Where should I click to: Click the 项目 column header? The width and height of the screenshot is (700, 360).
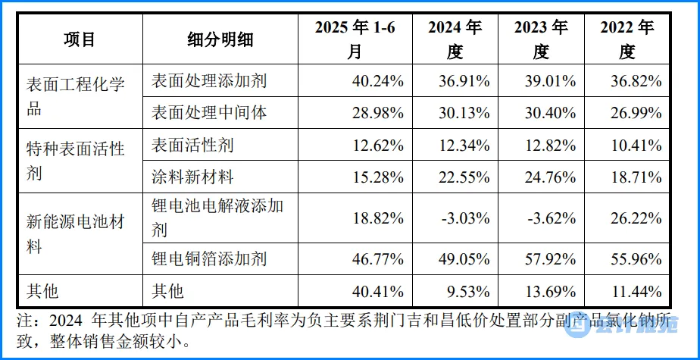[80, 39]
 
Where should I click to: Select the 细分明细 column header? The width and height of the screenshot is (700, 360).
[220, 39]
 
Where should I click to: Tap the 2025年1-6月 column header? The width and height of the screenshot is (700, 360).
[355, 39]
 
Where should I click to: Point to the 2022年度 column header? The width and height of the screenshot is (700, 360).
[627, 39]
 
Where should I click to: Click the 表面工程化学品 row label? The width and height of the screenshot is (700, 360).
[75, 96]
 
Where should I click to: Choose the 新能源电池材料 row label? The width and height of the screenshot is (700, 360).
[75, 233]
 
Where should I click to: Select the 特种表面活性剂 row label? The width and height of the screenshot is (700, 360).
[75, 161]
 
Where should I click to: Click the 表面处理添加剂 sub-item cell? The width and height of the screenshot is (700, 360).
[209, 81]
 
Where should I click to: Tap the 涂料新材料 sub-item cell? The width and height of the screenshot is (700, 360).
[192, 177]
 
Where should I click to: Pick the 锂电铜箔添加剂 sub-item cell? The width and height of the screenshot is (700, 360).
[209, 258]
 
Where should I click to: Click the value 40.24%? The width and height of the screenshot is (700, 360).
[378, 81]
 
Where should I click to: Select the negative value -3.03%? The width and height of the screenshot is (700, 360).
[466, 218]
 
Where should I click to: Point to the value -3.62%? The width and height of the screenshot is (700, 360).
[552, 218]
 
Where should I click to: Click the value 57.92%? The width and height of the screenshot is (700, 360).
[550, 259]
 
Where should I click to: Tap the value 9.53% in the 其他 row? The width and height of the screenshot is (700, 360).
[470, 292]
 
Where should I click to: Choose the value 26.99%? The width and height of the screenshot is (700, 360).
[636, 113]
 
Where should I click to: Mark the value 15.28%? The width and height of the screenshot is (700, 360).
[378, 178]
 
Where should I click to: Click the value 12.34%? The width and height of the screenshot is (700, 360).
[464, 146]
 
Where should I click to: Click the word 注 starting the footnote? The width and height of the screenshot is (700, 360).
[25, 321]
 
